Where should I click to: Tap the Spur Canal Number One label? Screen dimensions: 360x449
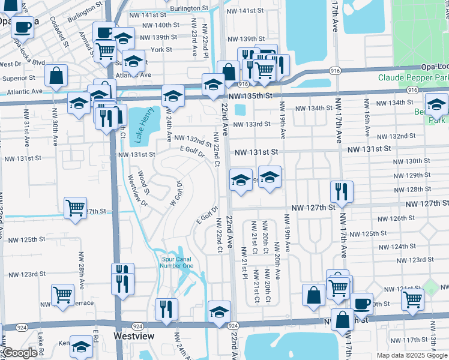click(x=177, y=262)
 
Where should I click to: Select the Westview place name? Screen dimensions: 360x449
click(x=131, y=337)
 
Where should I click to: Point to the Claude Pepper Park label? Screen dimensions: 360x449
click(x=413, y=77)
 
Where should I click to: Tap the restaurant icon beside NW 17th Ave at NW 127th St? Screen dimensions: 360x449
click(x=342, y=192)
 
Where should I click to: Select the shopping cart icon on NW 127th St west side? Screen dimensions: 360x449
click(x=76, y=208)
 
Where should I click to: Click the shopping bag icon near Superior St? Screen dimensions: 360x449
click(x=56, y=76)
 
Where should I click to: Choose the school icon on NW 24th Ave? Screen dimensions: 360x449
click(x=172, y=95)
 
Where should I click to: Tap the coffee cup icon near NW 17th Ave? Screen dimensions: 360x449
click(x=361, y=303)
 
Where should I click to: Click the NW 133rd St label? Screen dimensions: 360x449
click(x=254, y=124)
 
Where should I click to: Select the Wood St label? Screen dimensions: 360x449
click(x=143, y=181)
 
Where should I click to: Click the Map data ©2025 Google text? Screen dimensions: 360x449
click(x=412, y=355)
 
